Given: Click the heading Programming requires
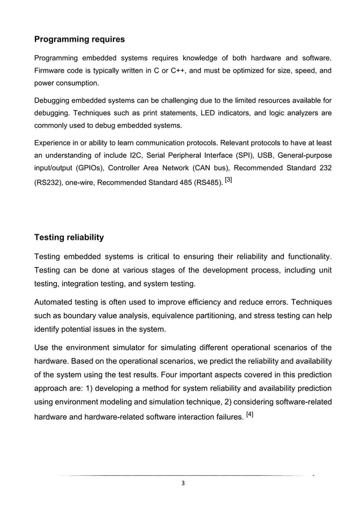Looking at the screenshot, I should point(80,40).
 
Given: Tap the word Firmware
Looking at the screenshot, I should point(51,71).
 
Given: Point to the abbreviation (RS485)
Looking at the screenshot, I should point(206,182).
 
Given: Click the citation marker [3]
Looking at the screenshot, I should point(229,179).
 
